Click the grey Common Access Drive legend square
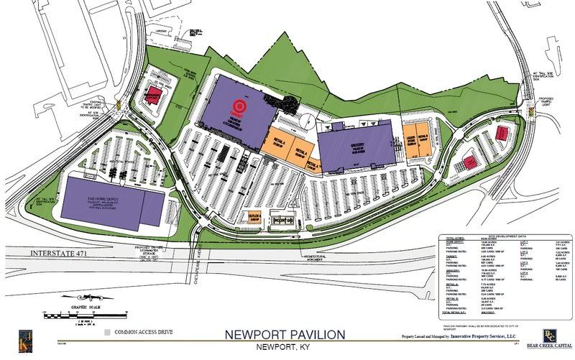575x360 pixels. tap(107, 333)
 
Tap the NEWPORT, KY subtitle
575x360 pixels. tap(285, 349)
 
